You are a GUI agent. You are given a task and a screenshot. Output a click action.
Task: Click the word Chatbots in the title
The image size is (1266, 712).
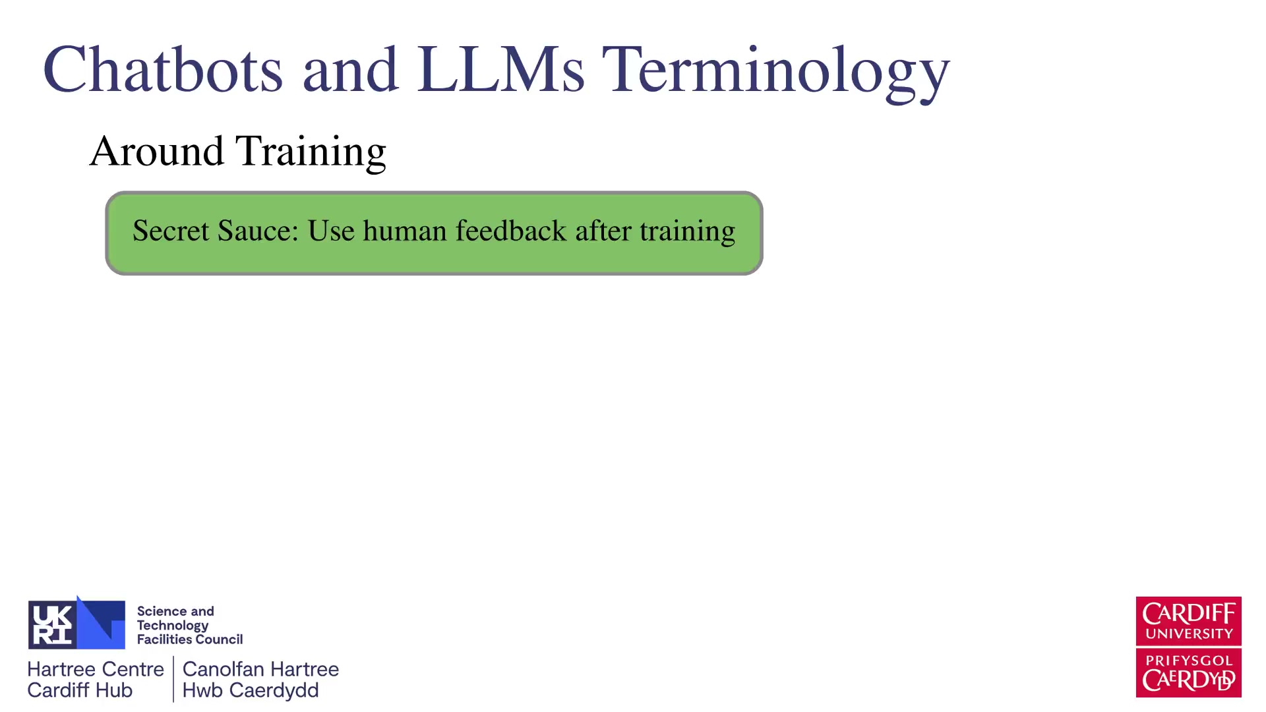point(163,69)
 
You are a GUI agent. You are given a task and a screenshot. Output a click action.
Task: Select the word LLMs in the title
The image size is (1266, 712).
point(500,69)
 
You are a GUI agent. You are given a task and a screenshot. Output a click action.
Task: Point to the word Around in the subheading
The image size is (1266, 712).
point(157,151)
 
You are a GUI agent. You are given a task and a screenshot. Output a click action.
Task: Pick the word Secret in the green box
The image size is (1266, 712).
point(171,231)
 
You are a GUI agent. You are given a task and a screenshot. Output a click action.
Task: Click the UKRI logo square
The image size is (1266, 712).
point(76,624)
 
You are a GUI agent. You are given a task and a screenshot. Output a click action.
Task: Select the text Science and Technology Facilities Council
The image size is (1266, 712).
point(190,625)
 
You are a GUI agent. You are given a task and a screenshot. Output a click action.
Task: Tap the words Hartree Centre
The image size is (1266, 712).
point(96,669)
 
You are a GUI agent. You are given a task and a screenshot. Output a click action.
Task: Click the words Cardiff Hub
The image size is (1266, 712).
point(80,690)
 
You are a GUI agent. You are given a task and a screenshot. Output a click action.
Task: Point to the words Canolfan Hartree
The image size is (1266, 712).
point(260,669)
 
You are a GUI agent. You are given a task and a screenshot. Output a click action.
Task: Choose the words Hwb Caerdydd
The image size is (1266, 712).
point(251,691)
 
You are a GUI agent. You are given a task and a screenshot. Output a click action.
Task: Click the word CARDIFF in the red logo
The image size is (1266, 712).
point(1189,614)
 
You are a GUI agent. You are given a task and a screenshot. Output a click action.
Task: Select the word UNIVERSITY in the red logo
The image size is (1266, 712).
point(1189,634)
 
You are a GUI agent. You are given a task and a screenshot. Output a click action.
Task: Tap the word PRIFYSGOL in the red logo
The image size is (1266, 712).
point(1189,661)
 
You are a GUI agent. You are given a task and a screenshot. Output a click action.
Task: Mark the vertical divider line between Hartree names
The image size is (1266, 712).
point(173,679)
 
